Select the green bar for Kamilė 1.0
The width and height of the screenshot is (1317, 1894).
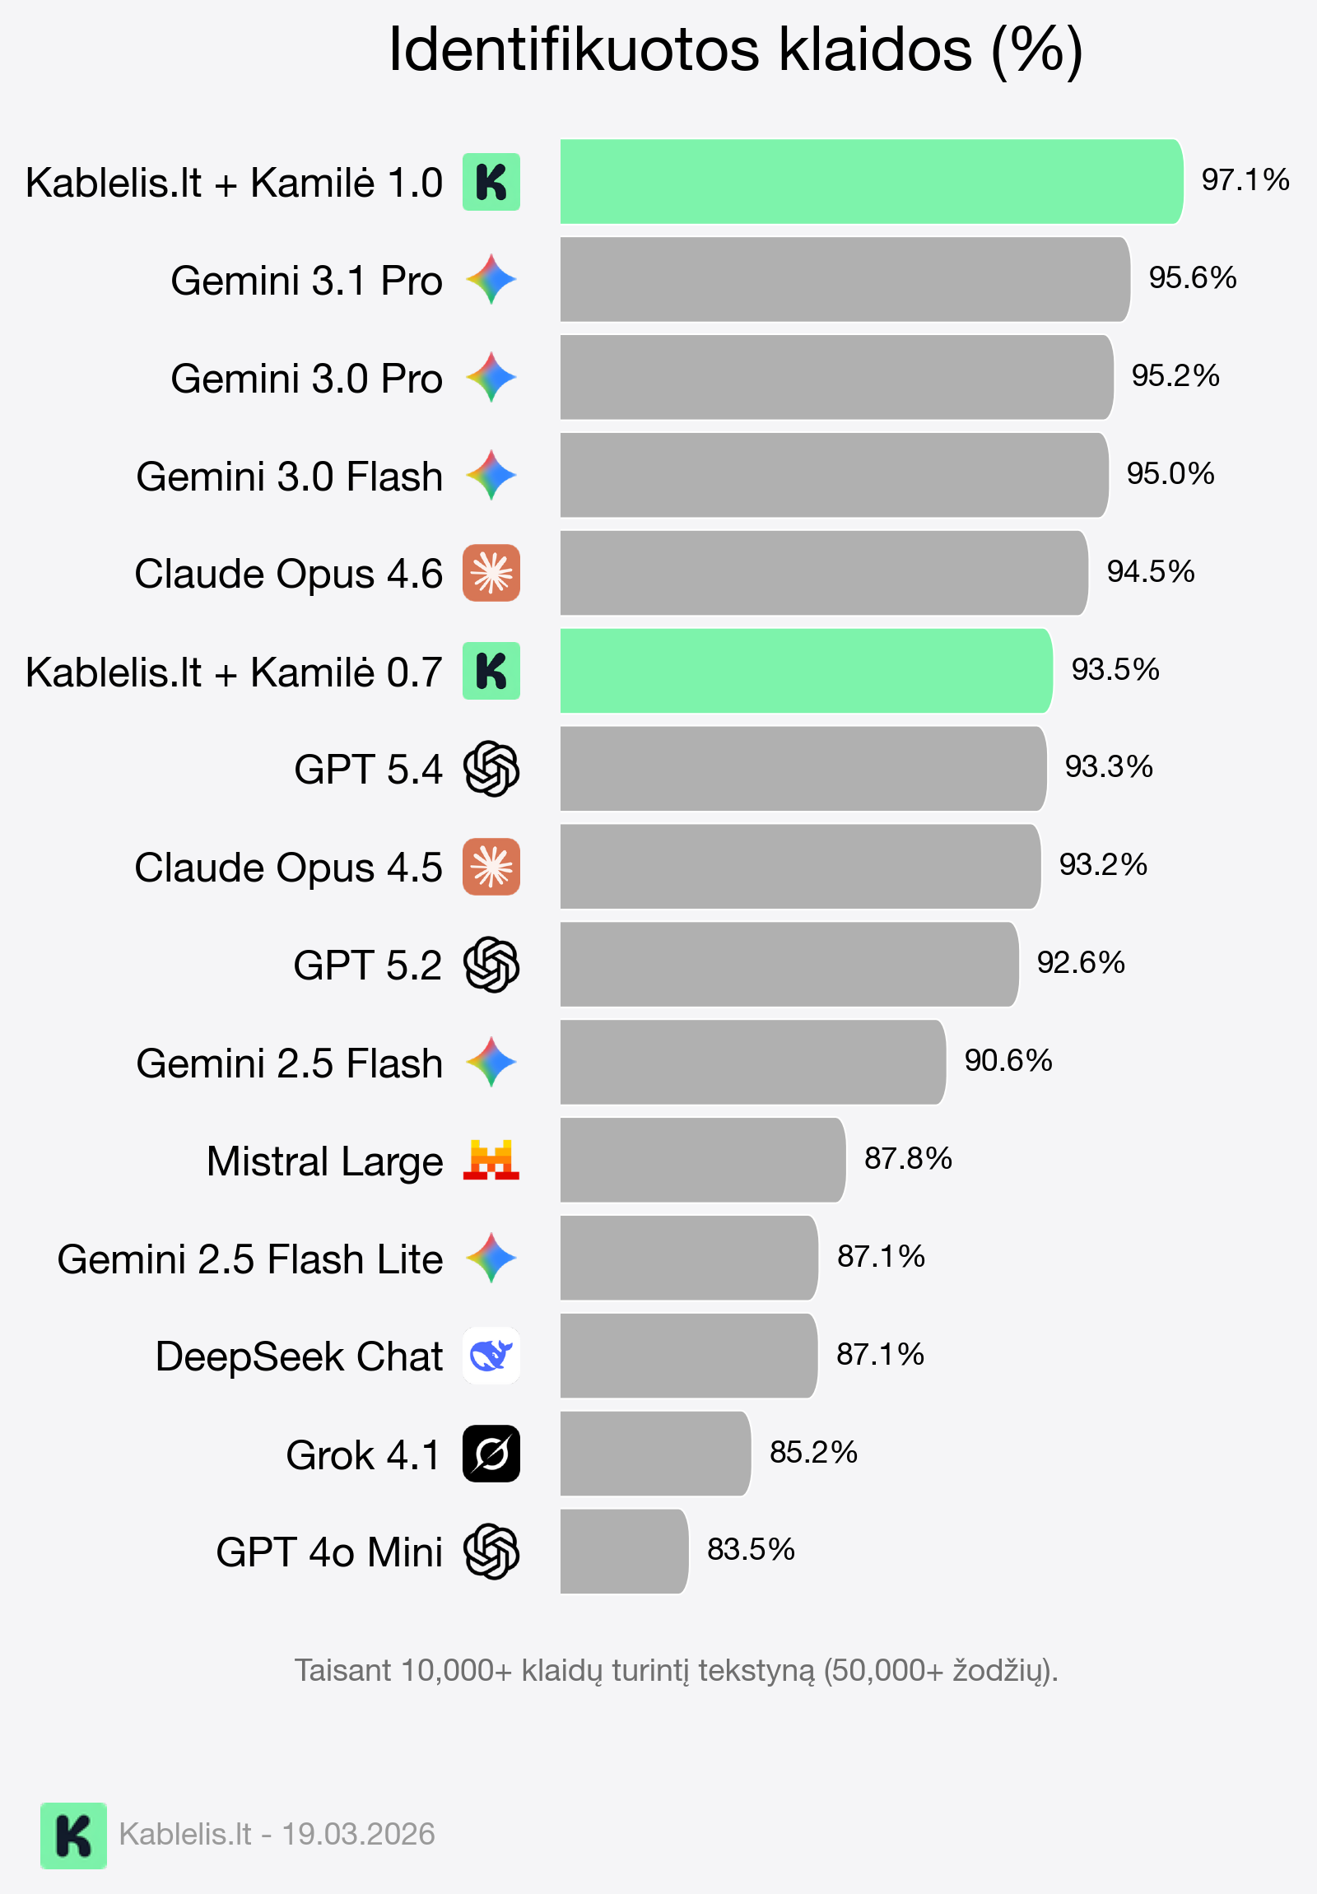pyautogui.click(x=871, y=181)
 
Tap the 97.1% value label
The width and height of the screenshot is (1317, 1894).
pyautogui.click(x=1245, y=179)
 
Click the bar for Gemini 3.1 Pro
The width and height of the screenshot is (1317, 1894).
pyautogui.click(x=844, y=280)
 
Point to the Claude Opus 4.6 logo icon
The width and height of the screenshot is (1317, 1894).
pyautogui.click(x=491, y=574)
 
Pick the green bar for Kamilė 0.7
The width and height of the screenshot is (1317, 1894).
pyautogui.click(x=805, y=671)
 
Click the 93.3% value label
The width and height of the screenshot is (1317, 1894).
pyautogui.click(x=1109, y=767)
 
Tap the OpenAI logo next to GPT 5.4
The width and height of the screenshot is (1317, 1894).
pyautogui.click(x=491, y=769)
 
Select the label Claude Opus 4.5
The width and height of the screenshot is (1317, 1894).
pyautogui.click(x=289, y=868)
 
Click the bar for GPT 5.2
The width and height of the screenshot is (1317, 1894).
pyautogui.click(x=789, y=965)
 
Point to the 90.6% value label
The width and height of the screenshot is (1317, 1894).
pyautogui.click(x=1008, y=1061)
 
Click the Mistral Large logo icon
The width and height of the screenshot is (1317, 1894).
pyautogui.click(x=491, y=1160)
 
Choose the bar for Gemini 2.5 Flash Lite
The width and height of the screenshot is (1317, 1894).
pyautogui.click(x=689, y=1258)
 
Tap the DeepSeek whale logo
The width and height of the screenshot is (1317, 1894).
pyautogui.click(x=491, y=1356)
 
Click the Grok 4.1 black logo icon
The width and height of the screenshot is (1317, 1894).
pyautogui.click(x=491, y=1454)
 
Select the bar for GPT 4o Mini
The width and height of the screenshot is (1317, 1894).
pyautogui.click(x=623, y=1552)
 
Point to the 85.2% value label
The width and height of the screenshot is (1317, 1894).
pyautogui.click(x=813, y=1453)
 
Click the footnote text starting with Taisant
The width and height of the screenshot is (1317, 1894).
pyautogui.click(x=677, y=1670)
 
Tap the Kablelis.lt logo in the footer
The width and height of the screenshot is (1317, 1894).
pyautogui.click(x=73, y=1836)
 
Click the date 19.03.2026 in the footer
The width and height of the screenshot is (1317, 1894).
pyautogui.click(x=358, y=1835)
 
